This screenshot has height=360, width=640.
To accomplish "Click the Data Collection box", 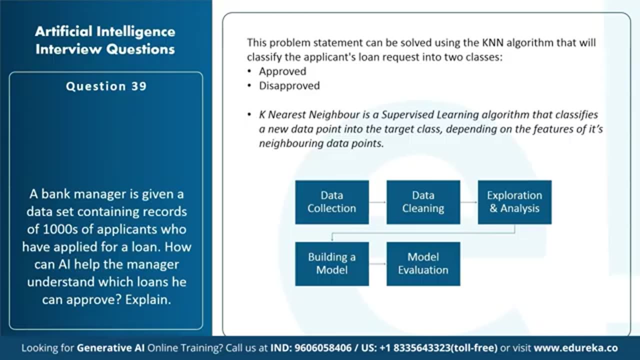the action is coord(332,202).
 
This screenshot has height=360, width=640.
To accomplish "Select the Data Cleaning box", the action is coord(423,202).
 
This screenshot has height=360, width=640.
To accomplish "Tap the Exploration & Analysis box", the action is coord(515,202).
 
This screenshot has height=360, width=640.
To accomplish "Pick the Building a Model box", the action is coord(332,263).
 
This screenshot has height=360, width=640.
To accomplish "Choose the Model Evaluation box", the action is coord(423,263).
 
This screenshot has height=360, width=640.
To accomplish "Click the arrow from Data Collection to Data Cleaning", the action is coord(377,202).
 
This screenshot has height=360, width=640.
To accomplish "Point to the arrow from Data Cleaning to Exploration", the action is coord(469,202).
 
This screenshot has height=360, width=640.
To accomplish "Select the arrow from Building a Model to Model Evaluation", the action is coord(377,263).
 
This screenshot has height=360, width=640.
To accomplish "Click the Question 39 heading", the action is coord(106,86).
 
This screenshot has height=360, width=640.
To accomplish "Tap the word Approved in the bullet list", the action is coord(282,71).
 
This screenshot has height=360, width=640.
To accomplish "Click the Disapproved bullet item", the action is coord(289,85).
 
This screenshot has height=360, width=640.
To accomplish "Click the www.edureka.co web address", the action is coord(576,348).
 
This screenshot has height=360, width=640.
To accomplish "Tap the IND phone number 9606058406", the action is coord(323,348).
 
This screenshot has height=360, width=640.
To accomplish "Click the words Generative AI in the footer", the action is coord(110,348).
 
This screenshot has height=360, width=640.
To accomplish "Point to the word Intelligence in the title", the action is coord(135,31).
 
